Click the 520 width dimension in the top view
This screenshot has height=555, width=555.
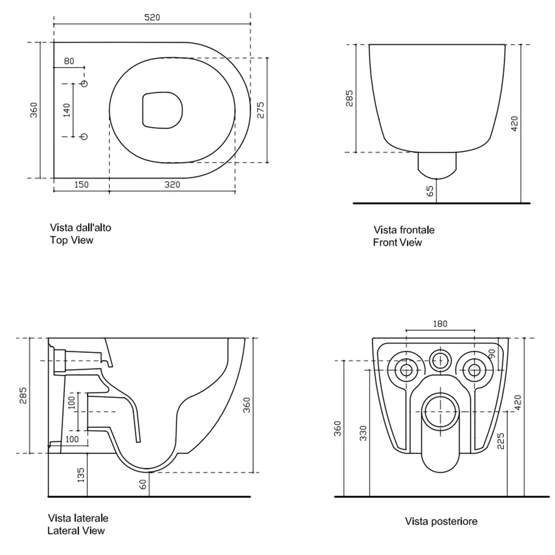pos(152,17)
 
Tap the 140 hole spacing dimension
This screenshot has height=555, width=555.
pos(67,110)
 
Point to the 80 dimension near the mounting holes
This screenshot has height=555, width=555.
pos(69,61)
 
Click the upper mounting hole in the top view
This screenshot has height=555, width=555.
pos(84,84)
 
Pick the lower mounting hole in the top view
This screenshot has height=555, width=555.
pos(84,137)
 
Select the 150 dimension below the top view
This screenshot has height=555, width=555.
pos(81,185)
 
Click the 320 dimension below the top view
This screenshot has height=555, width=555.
pos(172,185)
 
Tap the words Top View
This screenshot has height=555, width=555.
pos(72,240)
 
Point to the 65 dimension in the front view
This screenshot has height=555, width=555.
pos(430,191)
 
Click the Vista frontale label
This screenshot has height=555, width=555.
pos(404,230)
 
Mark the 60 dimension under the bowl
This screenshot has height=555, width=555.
pos(143,485)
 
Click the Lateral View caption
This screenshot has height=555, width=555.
pos(76,530)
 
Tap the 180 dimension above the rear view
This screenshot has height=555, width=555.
pos(440,324)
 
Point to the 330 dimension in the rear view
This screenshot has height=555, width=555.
pos(363,433)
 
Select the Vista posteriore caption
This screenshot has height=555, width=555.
pos(441,521)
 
